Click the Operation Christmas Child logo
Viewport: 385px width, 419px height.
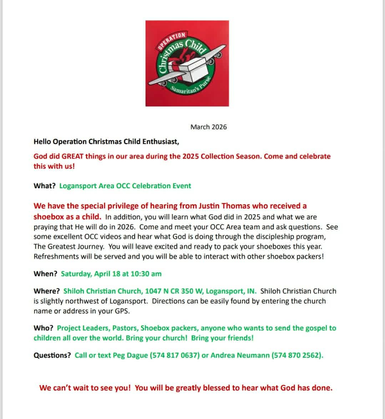187,63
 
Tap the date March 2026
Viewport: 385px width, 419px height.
208,127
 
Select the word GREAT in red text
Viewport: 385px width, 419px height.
72,156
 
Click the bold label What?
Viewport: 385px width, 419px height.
45,186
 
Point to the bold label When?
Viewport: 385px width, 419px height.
45,274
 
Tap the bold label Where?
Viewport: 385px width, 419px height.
47,291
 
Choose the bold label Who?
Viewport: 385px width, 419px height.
44,328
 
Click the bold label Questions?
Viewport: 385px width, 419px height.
52,356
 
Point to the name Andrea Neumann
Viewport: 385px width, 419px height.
240,356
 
